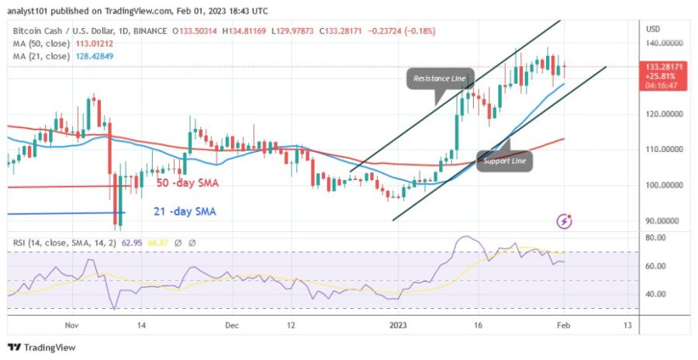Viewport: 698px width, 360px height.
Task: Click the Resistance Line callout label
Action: [439, 78]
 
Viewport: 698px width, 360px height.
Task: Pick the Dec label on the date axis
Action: [231, 327]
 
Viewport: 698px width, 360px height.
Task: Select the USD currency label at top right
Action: [652, 29]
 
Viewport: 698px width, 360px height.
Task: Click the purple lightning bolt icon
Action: [565, 222]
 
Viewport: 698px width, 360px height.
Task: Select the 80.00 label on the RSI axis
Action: [655, 237]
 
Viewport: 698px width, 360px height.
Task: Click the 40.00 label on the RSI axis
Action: [655, 294]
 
